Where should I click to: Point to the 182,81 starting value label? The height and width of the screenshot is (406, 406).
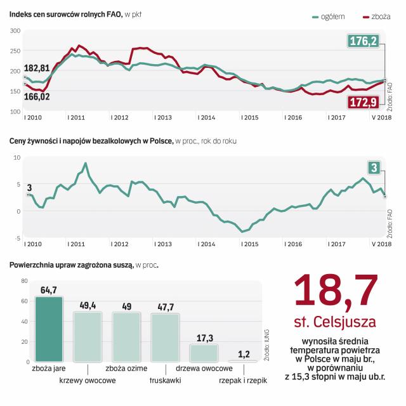point(37,68)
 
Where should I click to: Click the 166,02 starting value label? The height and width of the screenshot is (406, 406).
point(37,96)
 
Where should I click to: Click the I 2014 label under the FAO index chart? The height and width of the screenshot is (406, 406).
point(207,117)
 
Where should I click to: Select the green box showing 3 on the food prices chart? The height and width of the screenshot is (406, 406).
point(374,167)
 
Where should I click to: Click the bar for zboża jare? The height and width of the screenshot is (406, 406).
point(49,330)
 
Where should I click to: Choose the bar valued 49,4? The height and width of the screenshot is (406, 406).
point(88,337)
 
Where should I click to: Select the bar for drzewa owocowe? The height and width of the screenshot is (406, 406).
point(204,353)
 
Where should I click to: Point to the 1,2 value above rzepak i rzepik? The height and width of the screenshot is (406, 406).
point(243,354)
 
